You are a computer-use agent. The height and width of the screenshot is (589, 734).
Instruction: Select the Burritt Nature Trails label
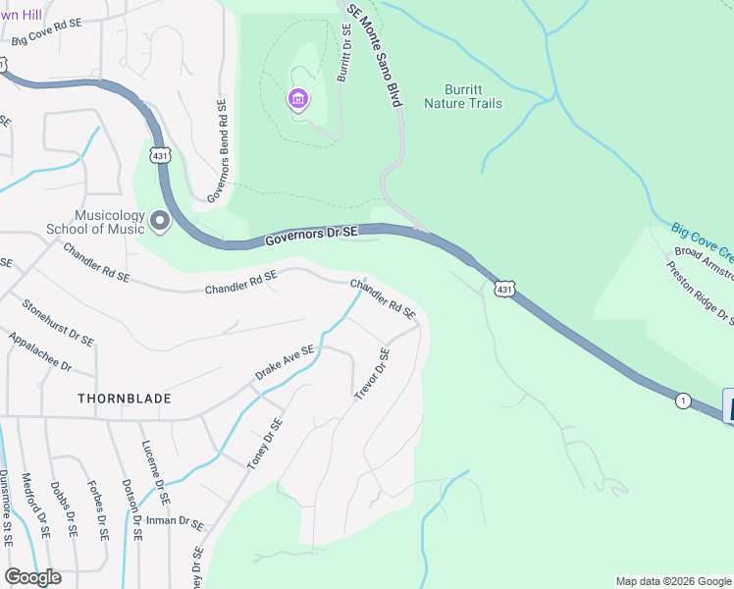point(463,96)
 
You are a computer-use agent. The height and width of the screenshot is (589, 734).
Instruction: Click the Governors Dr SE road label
point(312,236)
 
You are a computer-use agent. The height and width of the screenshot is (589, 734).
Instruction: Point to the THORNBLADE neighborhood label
point(125,399)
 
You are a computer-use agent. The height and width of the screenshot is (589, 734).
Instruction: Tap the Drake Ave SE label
point(285,362)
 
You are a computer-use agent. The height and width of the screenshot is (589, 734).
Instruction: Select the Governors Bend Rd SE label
point(218,152)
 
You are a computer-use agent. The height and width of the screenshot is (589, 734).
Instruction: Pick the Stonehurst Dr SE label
point(58,323)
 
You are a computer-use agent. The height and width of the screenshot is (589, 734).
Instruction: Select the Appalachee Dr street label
point(40,351)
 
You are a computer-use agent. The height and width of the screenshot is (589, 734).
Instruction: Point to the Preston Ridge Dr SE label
point(700,292)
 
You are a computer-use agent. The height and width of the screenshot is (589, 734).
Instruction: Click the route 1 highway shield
point(681,400)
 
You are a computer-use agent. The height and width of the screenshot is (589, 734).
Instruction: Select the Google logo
point(32,577)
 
